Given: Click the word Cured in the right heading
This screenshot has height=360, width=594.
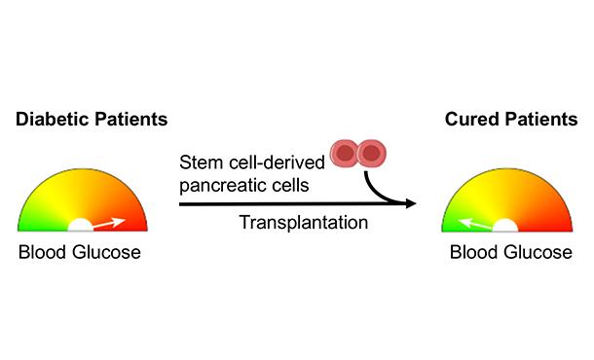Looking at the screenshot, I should coord(464,120).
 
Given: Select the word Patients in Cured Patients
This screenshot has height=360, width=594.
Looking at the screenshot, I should coord(534,120).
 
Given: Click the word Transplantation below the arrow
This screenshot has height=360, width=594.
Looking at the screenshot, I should coord(303,223).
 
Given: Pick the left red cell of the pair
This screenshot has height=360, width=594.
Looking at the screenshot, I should coord(345,153).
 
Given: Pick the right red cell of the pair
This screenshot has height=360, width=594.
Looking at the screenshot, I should coord(372,153).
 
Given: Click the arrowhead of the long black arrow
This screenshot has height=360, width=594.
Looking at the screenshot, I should coord(410,204).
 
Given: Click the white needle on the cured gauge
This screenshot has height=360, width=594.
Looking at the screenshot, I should coord(474,223).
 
